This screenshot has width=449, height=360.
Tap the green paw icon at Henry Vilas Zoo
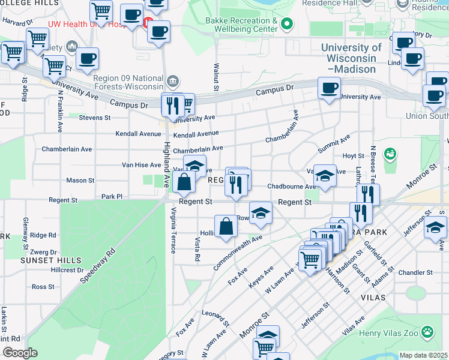coord(427,331)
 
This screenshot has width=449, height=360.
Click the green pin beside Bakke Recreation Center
coord(287,25)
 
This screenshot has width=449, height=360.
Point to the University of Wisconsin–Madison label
coord(351,58)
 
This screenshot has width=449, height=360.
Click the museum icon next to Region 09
coord(173,80)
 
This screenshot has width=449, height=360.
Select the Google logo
coord(20,353)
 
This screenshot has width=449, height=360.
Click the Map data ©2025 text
coord(423,355)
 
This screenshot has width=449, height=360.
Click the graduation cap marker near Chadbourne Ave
coord(324,176)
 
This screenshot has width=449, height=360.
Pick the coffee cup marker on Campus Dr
coord(328,88)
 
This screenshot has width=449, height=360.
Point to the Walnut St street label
coord(214,76)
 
